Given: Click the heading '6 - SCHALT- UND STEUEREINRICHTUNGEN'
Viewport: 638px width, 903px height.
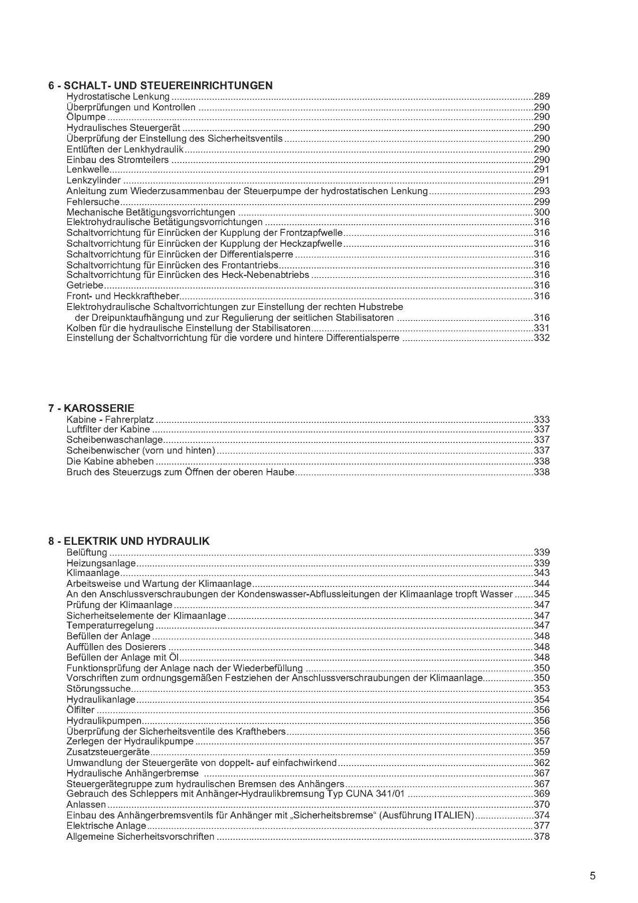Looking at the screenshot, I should pyautogui.click(x=161, y=85).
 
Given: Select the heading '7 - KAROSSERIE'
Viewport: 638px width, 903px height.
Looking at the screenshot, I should pyautogui.click(x=91, y=408).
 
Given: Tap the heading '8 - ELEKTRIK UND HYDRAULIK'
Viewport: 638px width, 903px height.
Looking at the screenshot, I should pyautogui.click(x=129, y=541).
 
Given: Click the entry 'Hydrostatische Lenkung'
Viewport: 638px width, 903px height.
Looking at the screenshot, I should pyautogui.click(x=118, y=96).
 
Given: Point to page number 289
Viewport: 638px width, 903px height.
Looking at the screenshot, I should pyautogui.click(x=542, y=96).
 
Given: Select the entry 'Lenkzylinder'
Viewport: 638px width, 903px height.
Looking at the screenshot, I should pyautogui.click(x=93, y=180).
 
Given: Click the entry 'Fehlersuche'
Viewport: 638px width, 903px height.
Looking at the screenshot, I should pyautogui.click(x=93, y=202).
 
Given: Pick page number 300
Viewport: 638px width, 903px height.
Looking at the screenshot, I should pyautogui.click(x=542, y=212).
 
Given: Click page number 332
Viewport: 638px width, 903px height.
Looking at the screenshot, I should pyautogui.click(x=542, y=338).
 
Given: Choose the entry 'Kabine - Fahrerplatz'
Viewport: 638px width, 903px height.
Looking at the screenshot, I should pyautogui.click(x=110, y=419).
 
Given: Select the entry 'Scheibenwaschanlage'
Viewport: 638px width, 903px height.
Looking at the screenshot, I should pyautogui.click(x=114, y=440).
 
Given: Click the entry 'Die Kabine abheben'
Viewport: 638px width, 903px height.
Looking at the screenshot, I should pyautogui.click(x=110, y=462).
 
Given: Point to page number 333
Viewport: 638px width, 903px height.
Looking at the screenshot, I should pyautogui.click(x=542, y=419).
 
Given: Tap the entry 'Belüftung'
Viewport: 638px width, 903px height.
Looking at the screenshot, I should pyautogui.click(x=87, y=552).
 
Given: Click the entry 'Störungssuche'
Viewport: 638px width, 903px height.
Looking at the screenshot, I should pyautogui.click(x=98, y=689).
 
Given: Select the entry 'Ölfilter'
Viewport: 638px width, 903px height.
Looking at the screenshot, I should pyautogui.click(x=80, y=710).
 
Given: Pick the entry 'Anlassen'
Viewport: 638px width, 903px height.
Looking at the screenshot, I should pyautogui.click(x=86, y=805).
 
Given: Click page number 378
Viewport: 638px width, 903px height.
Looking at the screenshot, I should pyautogui.click(x=542, y=836).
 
